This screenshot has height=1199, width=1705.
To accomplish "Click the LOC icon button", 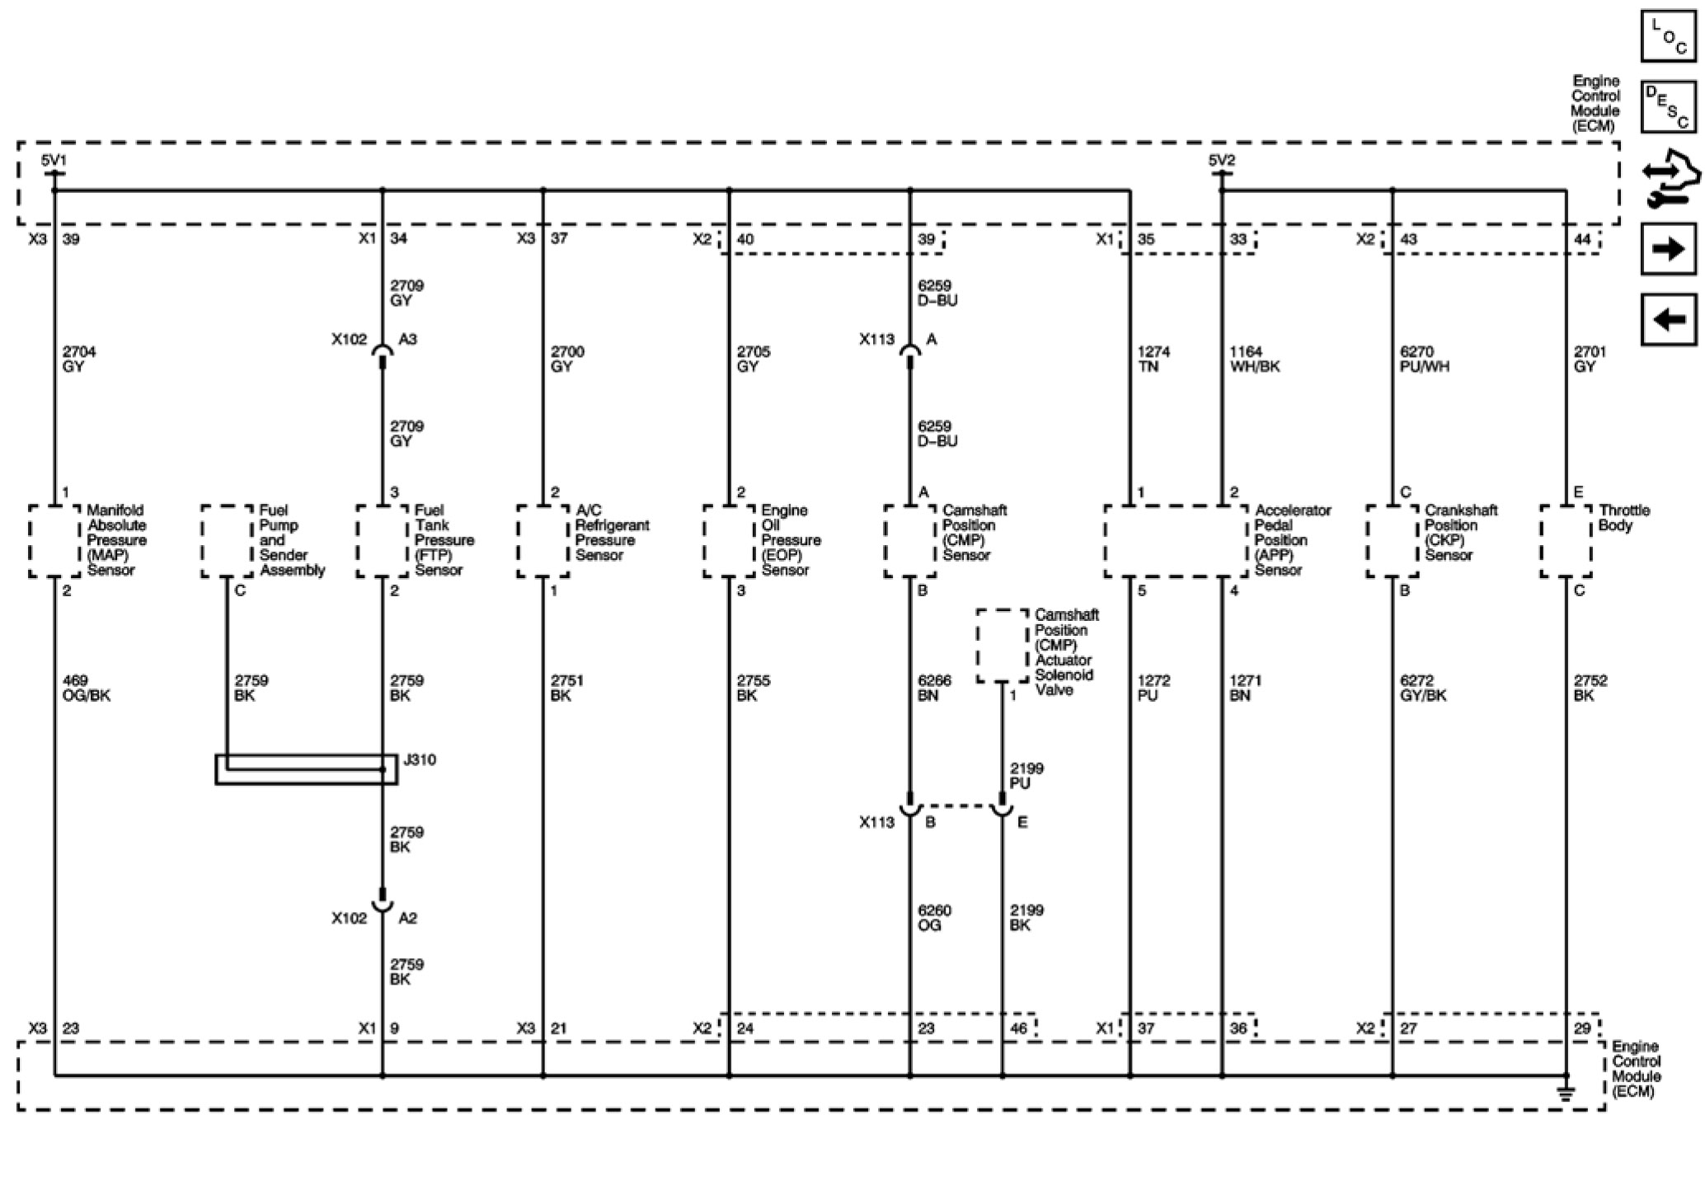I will click(x=1668, y=36).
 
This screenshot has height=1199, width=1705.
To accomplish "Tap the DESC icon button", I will click(x=1668, y=106).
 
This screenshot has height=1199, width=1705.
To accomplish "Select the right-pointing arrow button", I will click(x=1668, y=248).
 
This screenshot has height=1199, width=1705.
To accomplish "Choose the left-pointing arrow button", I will click(x=1668, y=319).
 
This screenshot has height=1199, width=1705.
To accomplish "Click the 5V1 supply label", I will click(x=54, y=160).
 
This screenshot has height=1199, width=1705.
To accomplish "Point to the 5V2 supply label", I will click(x=1222, y=160).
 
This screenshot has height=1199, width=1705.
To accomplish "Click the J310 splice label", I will click(x=420, y=759).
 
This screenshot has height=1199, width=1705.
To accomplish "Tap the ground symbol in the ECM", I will click(x=1566, y=1093).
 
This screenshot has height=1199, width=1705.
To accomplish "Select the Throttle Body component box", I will click(x=1566, y=541).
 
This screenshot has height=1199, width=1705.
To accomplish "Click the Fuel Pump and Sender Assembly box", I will click(x=228, y=541).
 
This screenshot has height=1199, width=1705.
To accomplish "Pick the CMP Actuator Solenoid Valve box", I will click(x=1003, y=646).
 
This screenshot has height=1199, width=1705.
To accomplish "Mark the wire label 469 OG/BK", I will click(x=86, y=688).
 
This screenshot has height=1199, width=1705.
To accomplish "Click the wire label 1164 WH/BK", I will click(x=1254, y=359).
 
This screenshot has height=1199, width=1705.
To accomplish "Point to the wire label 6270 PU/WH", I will click(x=1424, y=359).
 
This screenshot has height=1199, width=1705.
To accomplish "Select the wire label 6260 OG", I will click(x=934, y=918).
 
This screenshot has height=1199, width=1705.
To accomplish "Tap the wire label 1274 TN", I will click(x=1153, y=359).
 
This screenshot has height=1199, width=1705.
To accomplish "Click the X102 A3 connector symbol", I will click(x=383, y=353).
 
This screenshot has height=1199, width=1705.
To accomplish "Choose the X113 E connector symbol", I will click(x=1003, y=810).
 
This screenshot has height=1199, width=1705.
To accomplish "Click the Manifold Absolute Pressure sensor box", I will click(x=55, y=541).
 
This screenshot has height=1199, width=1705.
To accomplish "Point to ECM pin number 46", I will click(x=1018, y=1028).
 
